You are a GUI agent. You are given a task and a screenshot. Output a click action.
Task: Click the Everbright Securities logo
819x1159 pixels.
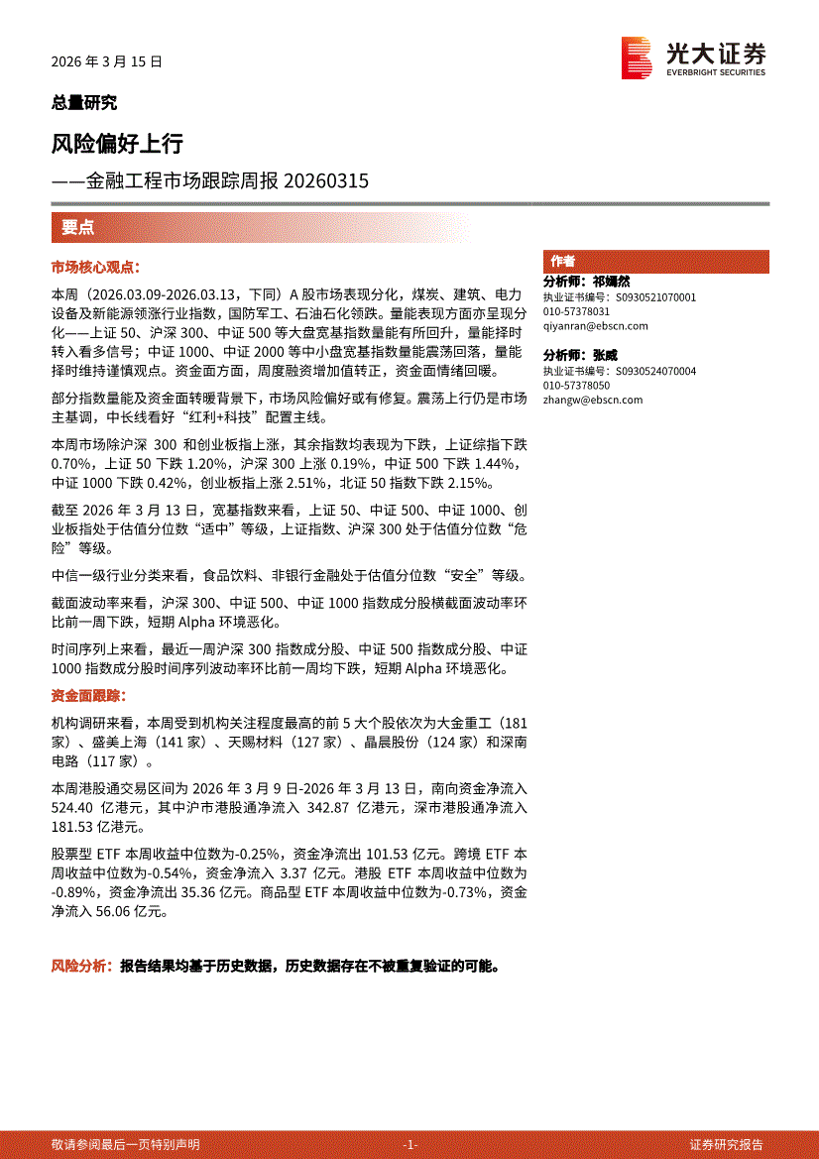click(693, 58)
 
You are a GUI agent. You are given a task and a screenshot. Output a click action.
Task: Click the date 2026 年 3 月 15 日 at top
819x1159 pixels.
click(106, 61)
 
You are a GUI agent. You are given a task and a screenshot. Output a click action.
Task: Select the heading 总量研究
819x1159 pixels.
click(83, 102)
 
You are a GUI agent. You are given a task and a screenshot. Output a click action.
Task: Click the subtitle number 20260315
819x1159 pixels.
click(326, 181)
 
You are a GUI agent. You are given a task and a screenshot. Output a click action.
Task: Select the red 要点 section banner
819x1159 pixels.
click(78, 227)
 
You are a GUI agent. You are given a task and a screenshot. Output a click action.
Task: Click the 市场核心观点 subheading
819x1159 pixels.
click(96, 268)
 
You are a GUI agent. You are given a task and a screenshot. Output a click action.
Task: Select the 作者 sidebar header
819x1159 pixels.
click(563, 261)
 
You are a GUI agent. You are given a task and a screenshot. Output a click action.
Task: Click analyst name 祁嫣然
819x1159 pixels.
click(611, 283)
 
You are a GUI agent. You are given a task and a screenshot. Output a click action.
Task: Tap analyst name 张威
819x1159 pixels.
click(605, 355)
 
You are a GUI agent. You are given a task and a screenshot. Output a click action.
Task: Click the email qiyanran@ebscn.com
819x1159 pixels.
click(595, 326)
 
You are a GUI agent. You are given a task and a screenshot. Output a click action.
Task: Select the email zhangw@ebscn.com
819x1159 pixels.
click(592, 400)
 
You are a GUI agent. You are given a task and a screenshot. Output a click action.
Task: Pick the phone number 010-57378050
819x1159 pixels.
click(575, 385)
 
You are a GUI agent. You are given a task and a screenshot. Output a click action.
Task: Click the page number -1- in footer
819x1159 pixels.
click(409, 1144)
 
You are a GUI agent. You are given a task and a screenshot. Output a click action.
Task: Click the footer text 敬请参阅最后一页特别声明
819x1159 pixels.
click(126, 1144)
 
